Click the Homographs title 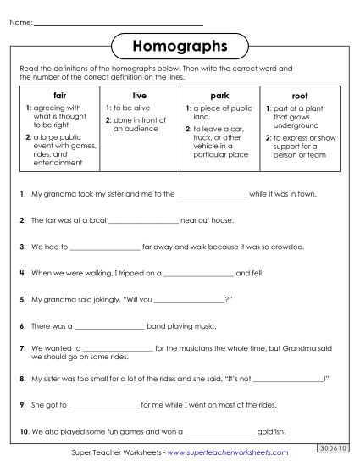coord(180,45)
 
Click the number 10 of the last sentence coord(23,432)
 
